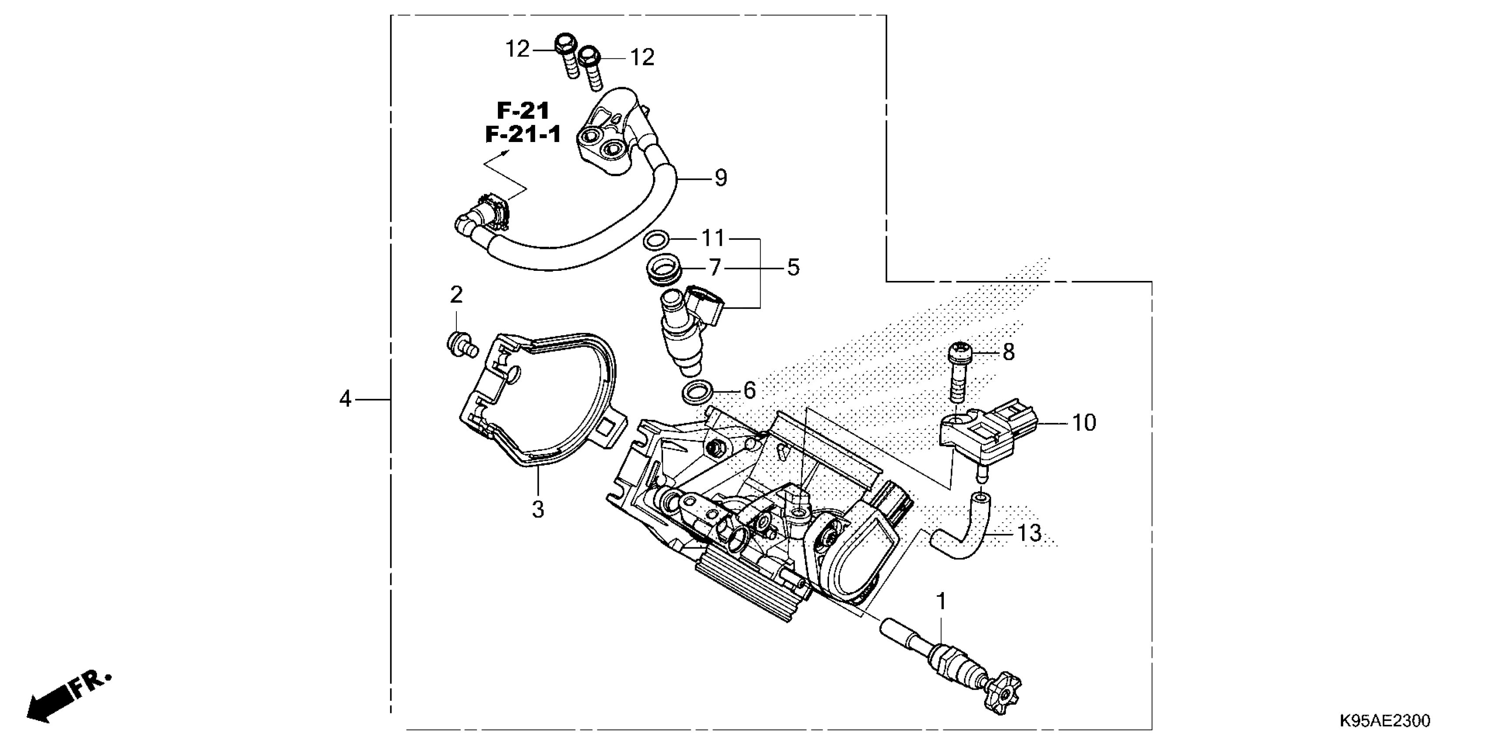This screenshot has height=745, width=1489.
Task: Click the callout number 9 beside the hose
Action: click(720, 178)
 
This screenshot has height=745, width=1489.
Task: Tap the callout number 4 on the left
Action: click(345, 399)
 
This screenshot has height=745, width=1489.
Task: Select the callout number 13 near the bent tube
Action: click(1029, 533)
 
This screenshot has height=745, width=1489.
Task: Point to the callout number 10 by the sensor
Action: click(1084, 423)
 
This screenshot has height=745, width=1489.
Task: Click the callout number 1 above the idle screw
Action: click(942, 602)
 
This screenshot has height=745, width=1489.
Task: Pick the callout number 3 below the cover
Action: click(537, 510)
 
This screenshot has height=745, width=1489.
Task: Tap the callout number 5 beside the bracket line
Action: click(793, 268)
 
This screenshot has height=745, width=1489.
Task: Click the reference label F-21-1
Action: click(522, 135)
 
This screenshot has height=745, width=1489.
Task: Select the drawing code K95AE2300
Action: click(1384, 721)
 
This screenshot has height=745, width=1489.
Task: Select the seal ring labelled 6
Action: click(697, 393)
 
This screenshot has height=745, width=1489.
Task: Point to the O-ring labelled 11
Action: click(656, 239)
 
